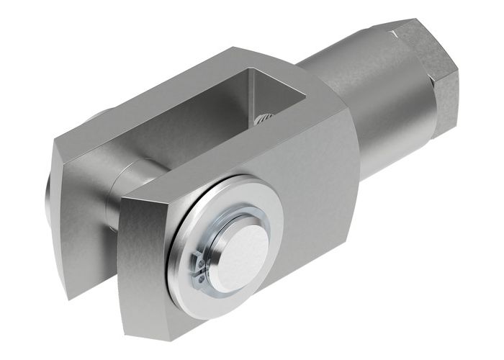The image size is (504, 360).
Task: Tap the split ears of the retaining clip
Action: coord(199,266)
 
